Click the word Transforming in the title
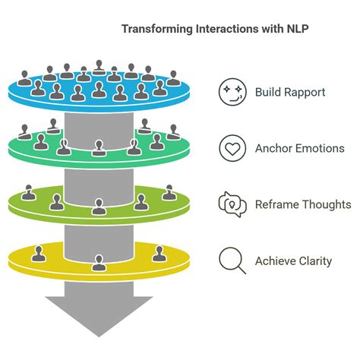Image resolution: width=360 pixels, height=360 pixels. [153, 28]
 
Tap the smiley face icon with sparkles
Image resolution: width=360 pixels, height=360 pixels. [232, 93]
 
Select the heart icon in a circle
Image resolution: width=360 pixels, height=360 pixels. [232, 148]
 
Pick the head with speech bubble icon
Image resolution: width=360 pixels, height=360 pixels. [232, 204]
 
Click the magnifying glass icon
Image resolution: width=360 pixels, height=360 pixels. [232, 261]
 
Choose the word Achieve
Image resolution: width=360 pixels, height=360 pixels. [276, 261]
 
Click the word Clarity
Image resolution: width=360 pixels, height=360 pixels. [315, 261]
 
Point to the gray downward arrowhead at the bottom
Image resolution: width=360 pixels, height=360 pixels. [98, 314]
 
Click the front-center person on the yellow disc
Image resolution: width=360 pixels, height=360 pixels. [98, 263]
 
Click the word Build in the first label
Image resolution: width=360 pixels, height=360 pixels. [269, 93]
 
